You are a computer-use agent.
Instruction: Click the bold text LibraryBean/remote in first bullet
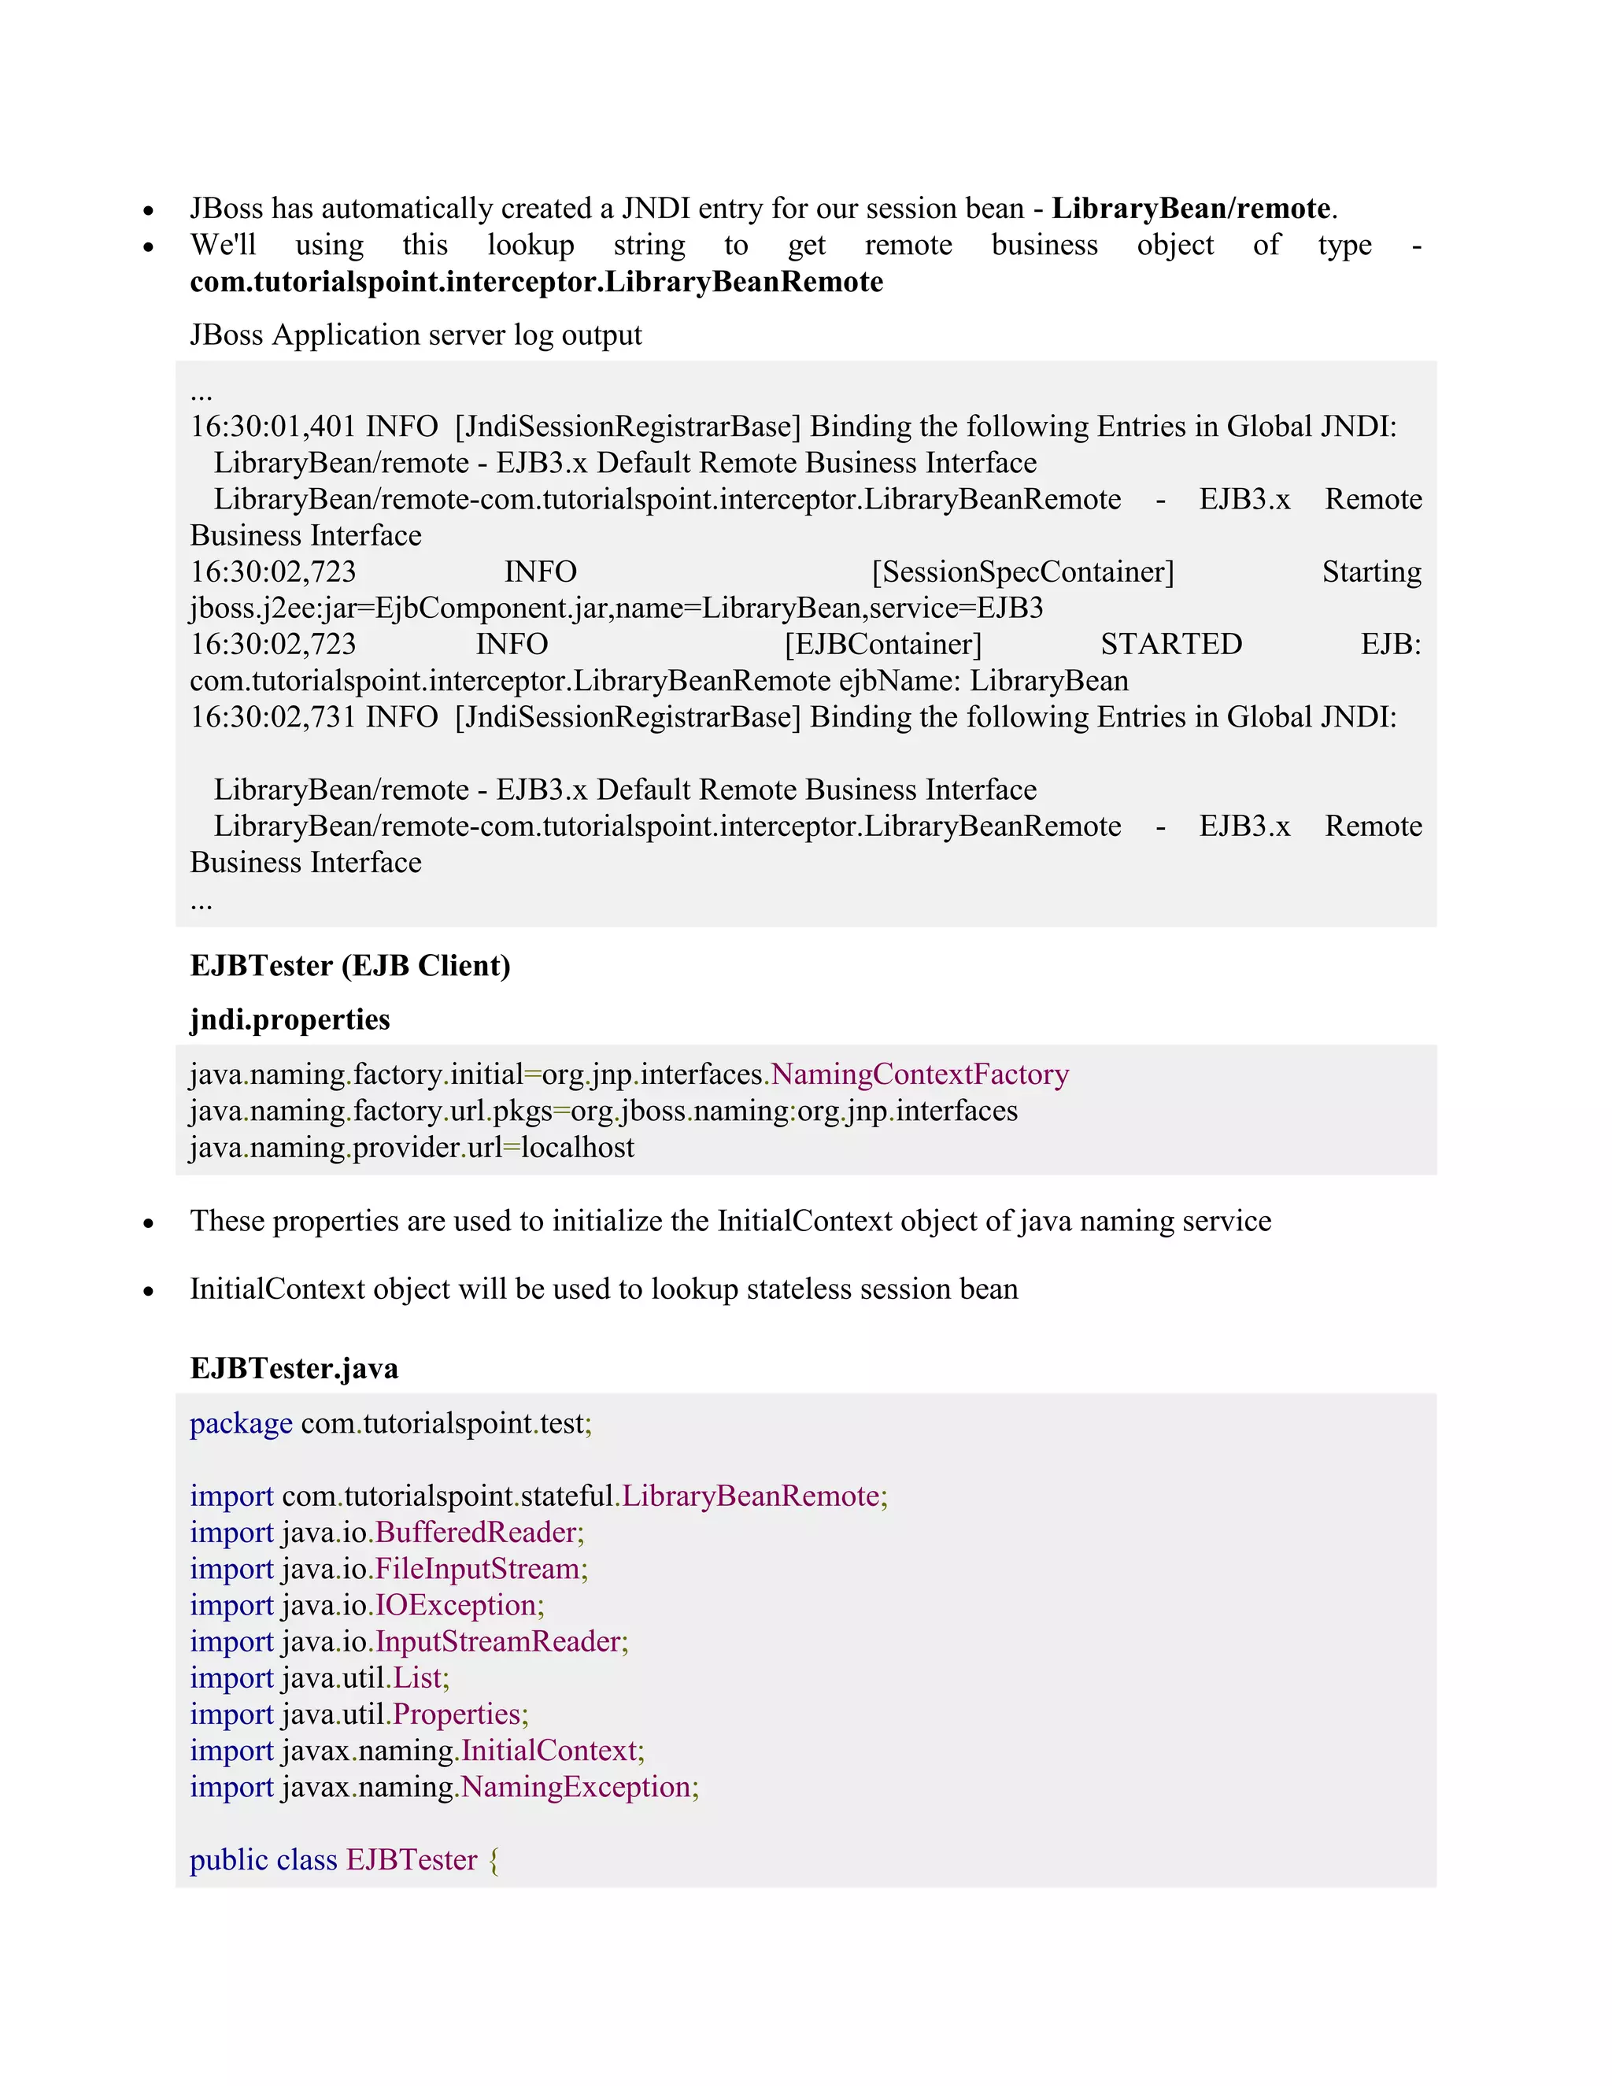1191,209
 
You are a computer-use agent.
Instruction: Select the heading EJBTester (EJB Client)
350,966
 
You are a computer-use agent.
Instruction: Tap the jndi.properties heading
290,1019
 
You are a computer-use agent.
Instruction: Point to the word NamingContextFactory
919,1074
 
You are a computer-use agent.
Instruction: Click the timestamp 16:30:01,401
273,426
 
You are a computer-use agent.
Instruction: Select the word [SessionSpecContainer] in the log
1022,571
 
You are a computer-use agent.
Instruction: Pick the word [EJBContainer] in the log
882,644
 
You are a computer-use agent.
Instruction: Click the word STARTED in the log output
1170,644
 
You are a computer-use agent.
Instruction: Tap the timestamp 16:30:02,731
273,716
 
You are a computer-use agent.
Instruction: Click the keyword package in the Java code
241,1423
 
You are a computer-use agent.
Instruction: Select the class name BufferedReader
476,1532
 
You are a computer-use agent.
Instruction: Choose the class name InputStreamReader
497,1641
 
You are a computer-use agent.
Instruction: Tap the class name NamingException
576,1786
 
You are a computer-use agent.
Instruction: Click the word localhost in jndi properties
578,1147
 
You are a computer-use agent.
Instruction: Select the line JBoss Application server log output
416,335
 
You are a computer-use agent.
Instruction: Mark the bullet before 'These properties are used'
148,1222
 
